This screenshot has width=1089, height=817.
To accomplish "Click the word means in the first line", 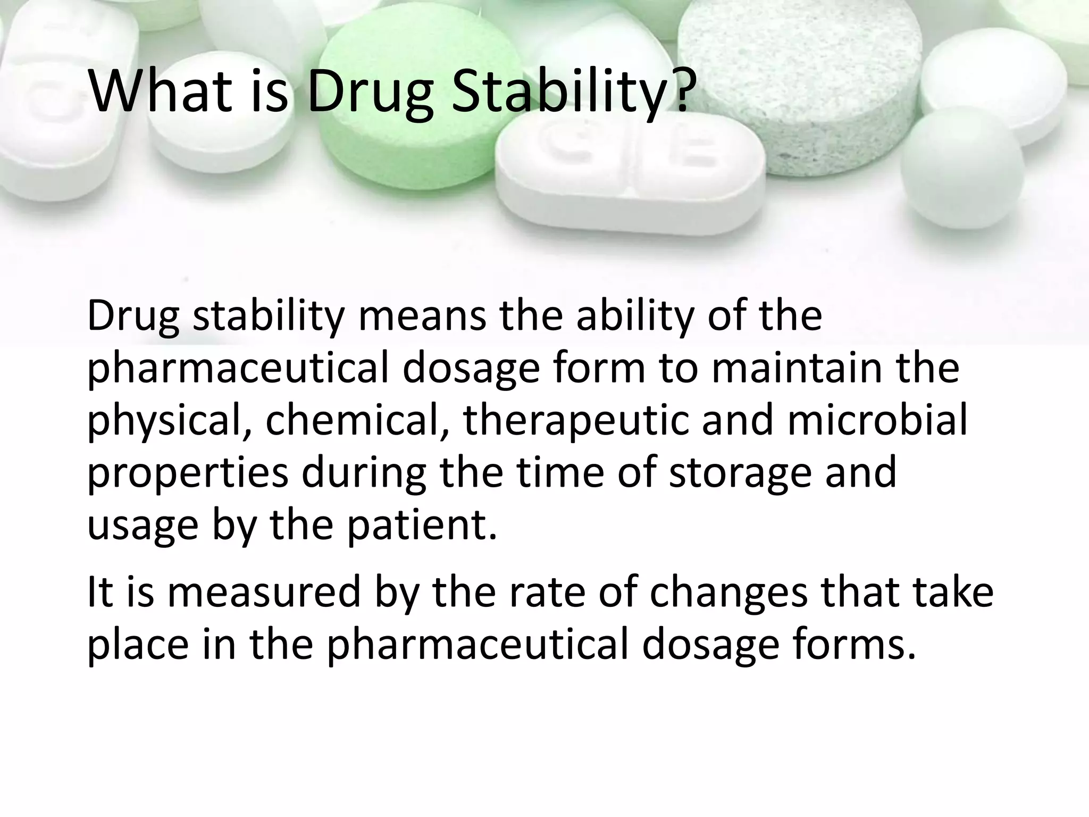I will (422, 316).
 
